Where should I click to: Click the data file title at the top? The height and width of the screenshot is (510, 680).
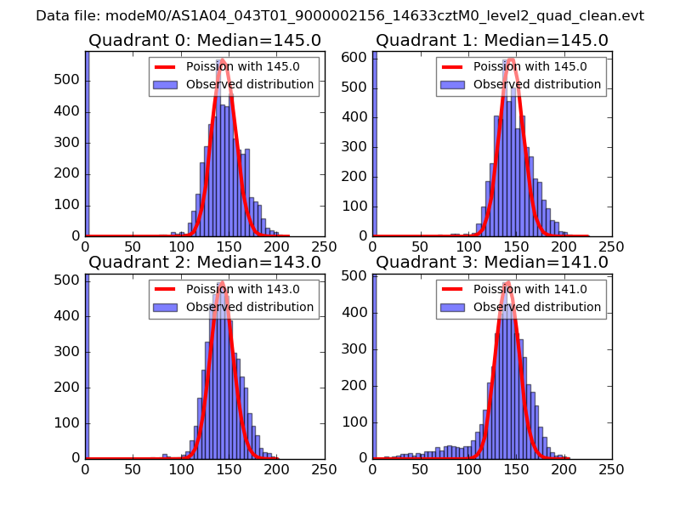(x=340, y=16)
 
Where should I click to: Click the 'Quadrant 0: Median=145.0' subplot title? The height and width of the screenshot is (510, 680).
(x=205, y=41)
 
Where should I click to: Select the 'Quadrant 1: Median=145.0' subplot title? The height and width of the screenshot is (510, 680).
(x=492, y=41)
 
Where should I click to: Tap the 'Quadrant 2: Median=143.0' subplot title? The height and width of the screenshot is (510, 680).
(x=205, y=262)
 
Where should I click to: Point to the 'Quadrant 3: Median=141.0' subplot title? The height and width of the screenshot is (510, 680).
(x=492, y=262)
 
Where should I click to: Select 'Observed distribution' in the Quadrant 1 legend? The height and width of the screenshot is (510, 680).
(x=537, y=85)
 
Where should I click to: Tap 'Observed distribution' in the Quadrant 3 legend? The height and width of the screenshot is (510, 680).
(x=537, y=307)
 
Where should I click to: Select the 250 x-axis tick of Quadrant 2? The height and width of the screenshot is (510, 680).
(x=324, y=467)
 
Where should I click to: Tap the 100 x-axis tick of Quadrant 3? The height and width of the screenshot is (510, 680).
(x=468, y=467)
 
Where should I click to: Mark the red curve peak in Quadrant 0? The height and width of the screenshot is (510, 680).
(x=223, y=60)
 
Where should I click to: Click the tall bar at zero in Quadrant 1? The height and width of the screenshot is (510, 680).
(x=374, y=144)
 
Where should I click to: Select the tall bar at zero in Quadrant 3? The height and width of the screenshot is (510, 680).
(x=374, y=365)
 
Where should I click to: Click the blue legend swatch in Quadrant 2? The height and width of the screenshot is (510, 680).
(x=166, y=307)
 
